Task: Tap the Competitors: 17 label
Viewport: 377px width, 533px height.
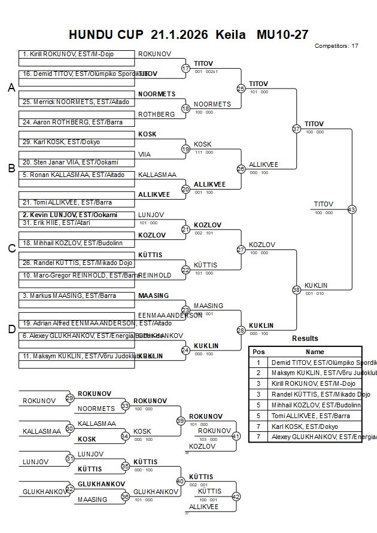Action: pyautogui.click(x=336, y=45)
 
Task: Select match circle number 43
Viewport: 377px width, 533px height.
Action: pyautogui.click(x=351, y=209)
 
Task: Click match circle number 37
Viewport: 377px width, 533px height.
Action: pyautogui.click(x=296, y=129)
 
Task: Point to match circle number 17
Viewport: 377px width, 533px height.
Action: pyautogui.click(x=186, y=68)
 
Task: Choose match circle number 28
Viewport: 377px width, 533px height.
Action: pyautogui.click(x=241, y=330)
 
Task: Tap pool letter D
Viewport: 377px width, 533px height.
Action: pyautogui.click(x=11, y=329)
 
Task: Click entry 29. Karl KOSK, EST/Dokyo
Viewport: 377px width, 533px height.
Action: pyautogui.click(x=61, y=142)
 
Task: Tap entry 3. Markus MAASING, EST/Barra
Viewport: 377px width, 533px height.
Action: pyautogui.click(x=69, y=296)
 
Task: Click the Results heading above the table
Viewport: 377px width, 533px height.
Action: pyautogui.click(x=305, y=339)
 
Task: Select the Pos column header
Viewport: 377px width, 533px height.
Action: pyautogui.click(x=259, y=352)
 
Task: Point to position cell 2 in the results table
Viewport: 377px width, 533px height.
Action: pyautogui.click(x=259, y=373)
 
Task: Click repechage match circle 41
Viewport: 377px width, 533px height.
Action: pyautogui.click(x=236, y=436)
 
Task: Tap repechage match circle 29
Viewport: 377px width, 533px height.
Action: pyautogui.click(x=70, y=398)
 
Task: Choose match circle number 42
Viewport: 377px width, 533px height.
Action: pyautogui.click(x=236, y=496)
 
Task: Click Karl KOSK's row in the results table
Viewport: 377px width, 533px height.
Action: pyautogui.click(x=305, y=427)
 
